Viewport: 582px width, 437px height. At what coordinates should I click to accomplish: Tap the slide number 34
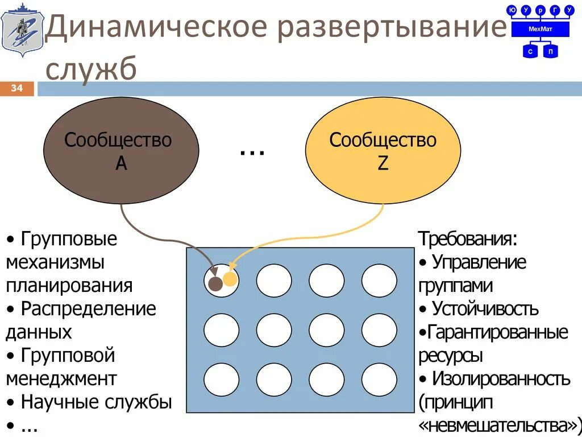[x=16, y=88]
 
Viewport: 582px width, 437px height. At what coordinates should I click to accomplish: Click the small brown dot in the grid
[x=215, y=284]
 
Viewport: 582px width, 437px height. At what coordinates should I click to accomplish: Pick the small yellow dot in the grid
[x=230, y=279]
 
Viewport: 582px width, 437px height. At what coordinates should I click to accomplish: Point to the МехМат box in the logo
[x=539, y=28]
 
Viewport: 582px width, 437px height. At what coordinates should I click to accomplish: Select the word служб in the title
[x=91, y=69]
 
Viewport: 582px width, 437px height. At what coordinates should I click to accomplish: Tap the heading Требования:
[x=468, y=238]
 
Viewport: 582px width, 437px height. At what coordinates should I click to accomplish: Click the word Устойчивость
[x=485, y=309]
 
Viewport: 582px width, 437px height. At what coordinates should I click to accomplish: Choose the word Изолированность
[x=501, y=378]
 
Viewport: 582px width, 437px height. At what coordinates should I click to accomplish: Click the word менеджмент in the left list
[x=61, y=378]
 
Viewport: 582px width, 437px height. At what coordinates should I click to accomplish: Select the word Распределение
[x=88, y=309]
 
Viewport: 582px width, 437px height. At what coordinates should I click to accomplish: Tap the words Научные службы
[x=96, y=402]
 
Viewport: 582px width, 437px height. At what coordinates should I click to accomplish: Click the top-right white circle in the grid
[x=379, y=281]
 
